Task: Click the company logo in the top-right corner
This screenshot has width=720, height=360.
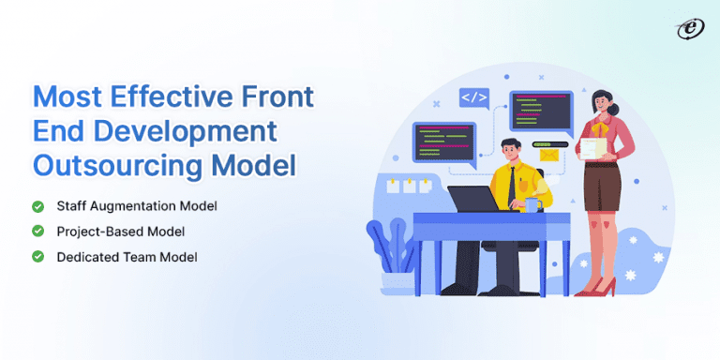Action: [689, 29]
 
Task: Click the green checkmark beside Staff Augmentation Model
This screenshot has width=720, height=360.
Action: [37, 206]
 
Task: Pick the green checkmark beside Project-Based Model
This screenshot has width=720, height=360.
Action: [37, 231]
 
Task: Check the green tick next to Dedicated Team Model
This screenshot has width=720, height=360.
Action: [37, 256]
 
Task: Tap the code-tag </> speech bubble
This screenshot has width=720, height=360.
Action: [472, 97]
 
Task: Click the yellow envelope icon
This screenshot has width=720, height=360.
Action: [547, 157]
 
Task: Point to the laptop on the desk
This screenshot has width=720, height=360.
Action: [479, 198]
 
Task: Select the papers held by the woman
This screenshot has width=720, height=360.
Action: [592, 147]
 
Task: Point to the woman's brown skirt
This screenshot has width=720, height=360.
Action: [603, 188]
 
